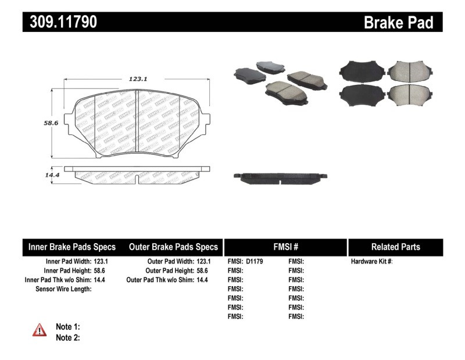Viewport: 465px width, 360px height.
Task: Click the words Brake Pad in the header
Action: pos(399,22)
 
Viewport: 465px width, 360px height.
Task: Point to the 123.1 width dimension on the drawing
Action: pos(137,79)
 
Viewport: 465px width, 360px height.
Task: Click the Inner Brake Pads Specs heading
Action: pos(71,247)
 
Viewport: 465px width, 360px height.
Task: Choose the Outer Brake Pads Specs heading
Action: pos(173,247)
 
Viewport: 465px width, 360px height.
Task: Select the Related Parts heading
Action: pos(395,247)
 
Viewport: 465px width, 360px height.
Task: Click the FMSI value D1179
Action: pos(255,262)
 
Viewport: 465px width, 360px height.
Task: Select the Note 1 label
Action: pos(68,327)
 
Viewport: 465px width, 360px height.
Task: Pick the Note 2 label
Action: pos(68,337)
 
